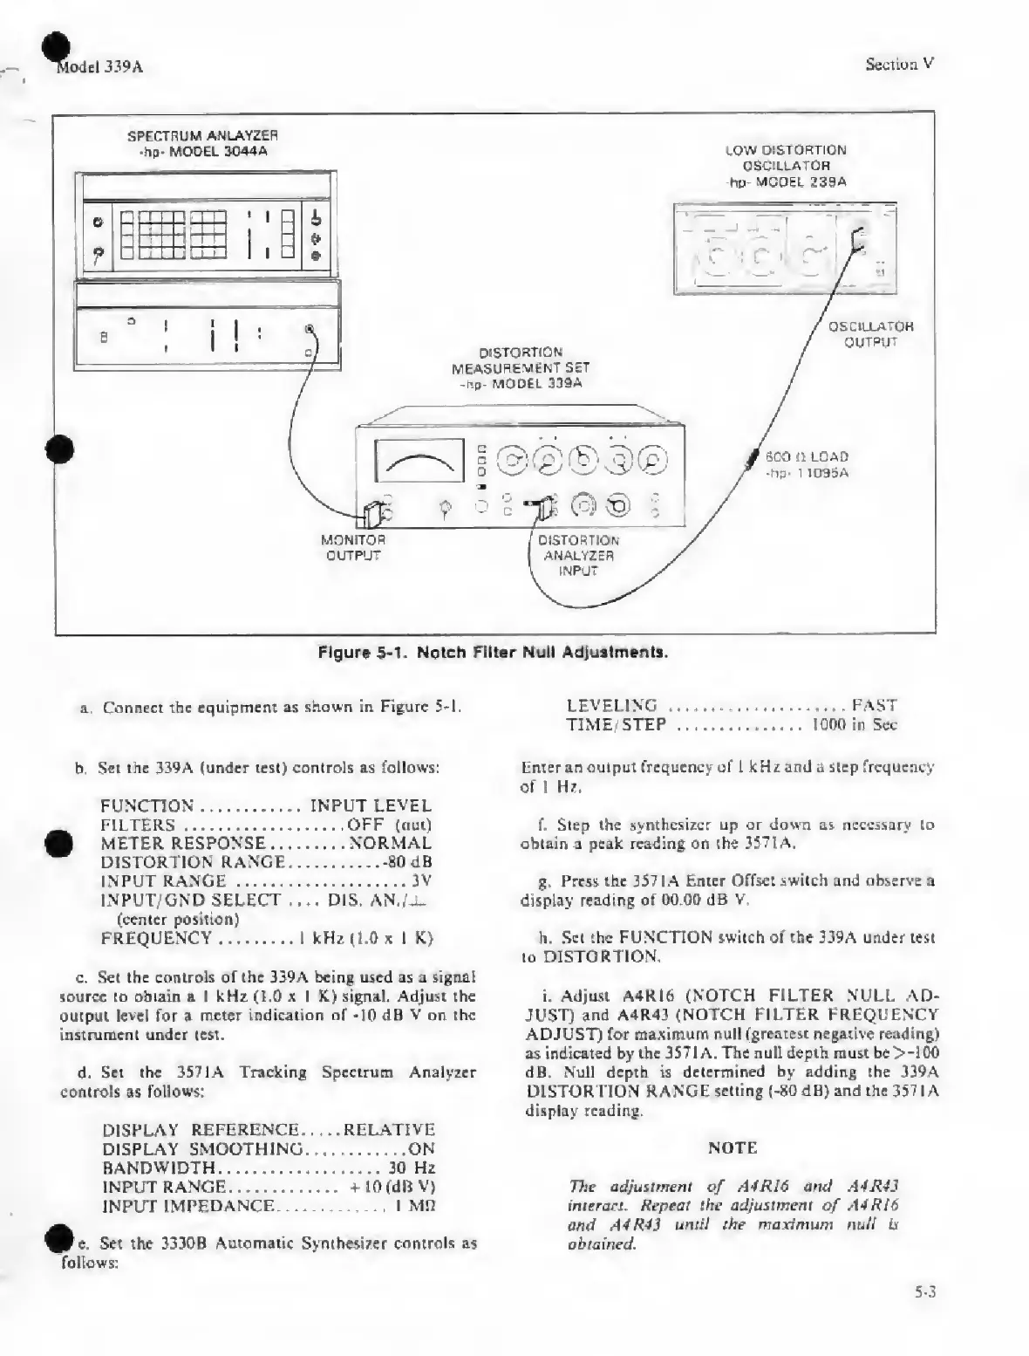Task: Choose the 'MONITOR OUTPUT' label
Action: (x=353, y=547)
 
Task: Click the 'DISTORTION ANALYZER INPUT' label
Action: (x=578, y=555)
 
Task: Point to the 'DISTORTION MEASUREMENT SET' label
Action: (x=521, y=367)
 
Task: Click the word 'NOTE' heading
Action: (x=732, y=1147)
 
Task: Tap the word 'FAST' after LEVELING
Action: (x=875, y=705)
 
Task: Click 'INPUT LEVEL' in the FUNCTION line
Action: (x=371, y=805)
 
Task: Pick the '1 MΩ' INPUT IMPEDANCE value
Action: (x=414, y=1206)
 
